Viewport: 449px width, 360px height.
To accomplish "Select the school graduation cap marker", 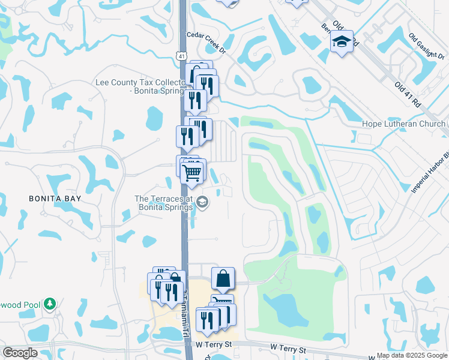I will (342, 41).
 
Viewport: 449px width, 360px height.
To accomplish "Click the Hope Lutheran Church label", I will (403, 124).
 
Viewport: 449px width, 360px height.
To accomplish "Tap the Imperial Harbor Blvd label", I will (430, 171).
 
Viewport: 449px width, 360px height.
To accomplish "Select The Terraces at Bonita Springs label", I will (163, 203).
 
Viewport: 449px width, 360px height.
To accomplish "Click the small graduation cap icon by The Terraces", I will (203, 203).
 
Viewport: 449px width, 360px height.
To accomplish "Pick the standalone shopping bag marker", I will (223, 278).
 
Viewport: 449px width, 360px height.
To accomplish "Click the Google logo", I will (20, 353).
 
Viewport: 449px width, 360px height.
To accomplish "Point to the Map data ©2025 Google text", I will (412, 355).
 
